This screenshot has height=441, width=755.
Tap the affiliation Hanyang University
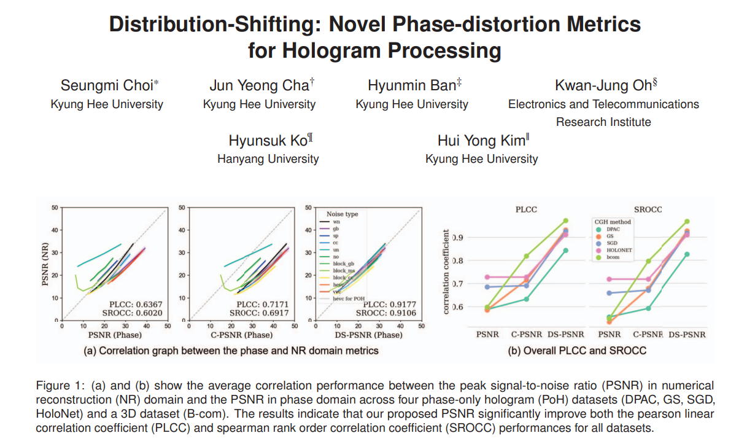tap(268, 159)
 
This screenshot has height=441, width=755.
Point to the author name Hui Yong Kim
tap(482, 141)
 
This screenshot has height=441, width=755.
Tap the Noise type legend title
tap(342, 214)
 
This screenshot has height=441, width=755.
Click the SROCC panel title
tap(648, 209)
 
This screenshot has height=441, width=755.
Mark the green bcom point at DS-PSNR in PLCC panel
tap(565, 221)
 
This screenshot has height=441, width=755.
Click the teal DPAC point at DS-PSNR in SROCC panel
tap(686, 254)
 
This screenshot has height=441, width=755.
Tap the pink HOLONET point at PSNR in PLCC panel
tap(487, 277)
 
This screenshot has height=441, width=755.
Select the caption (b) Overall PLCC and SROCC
tap(577, 351)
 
